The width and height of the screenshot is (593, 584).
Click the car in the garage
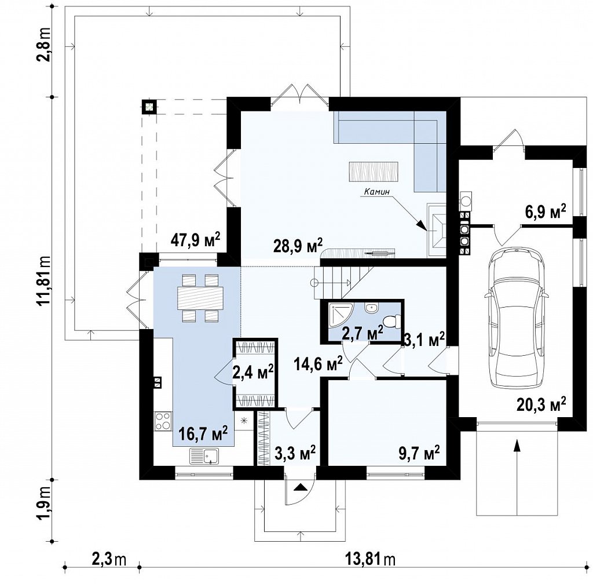tap(517, 317)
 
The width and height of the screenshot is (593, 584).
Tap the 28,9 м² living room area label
tap(298, 246)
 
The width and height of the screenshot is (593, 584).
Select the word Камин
tap(376, 192)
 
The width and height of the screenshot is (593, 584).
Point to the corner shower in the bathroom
tap(341, 314)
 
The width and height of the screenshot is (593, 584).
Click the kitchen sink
tap(204, 456)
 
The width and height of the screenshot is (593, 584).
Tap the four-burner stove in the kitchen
tap(163, 421)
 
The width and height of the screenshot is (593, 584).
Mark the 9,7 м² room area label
tap(420, 452)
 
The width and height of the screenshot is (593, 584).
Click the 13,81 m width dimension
tap(370, 559)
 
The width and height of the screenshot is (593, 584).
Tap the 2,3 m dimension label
tap(108, 559)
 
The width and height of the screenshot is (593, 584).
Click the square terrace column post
tap(149, 107)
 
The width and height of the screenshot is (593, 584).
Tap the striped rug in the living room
tap(374, 171)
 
